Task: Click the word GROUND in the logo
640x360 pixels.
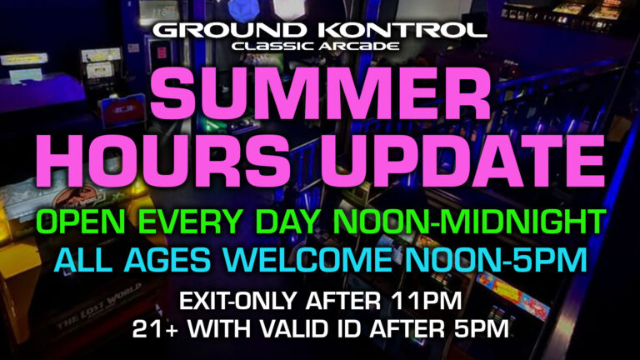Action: [229, 31]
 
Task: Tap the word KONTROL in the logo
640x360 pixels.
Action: [402, 31]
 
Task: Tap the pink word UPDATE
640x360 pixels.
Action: [462, 160]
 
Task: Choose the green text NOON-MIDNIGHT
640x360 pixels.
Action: [467, 222]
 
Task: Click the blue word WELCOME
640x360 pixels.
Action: [307, 260]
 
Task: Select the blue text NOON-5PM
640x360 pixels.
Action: [496, 260]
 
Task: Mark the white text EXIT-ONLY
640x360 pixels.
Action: [237, 301]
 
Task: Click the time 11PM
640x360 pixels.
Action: [426, 301]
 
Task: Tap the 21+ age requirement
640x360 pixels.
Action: [156, 329]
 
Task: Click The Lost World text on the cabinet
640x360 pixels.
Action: [99, 307]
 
